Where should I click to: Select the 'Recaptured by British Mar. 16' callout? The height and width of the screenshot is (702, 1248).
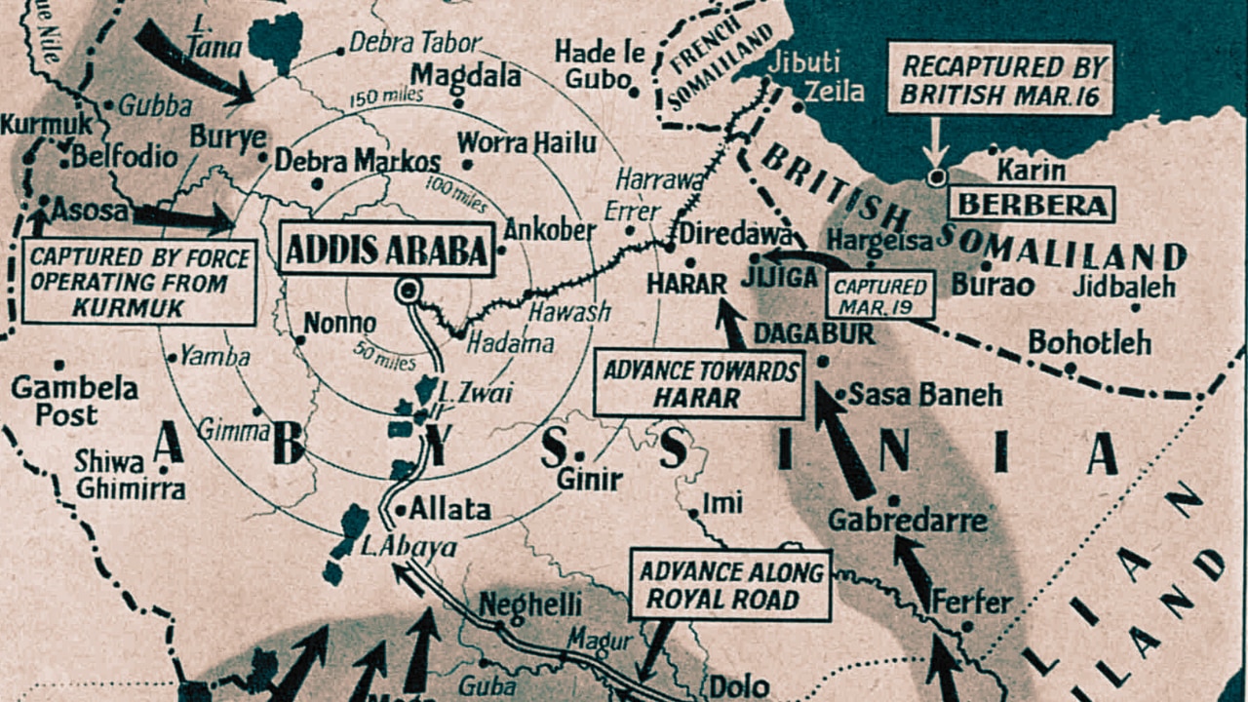pos(1000,80)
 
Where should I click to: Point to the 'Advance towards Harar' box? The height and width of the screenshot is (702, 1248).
pos(699,384)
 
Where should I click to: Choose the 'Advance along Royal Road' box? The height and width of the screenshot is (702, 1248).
pos(730,585)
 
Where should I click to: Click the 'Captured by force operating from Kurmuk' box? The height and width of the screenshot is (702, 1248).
pos(139,283)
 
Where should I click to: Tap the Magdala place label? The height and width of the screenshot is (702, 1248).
pos(462,75)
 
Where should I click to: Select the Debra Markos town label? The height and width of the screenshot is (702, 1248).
pos(357,161)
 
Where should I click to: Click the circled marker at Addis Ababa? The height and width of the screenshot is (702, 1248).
pos(408,291)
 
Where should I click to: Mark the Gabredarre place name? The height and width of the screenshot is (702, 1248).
pos(908,521)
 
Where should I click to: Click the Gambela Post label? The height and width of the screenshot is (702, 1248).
pos(74,401)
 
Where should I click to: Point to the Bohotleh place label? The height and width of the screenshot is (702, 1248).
pos(1088,342)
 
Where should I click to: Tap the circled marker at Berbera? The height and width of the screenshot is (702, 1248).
pos(937,177)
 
